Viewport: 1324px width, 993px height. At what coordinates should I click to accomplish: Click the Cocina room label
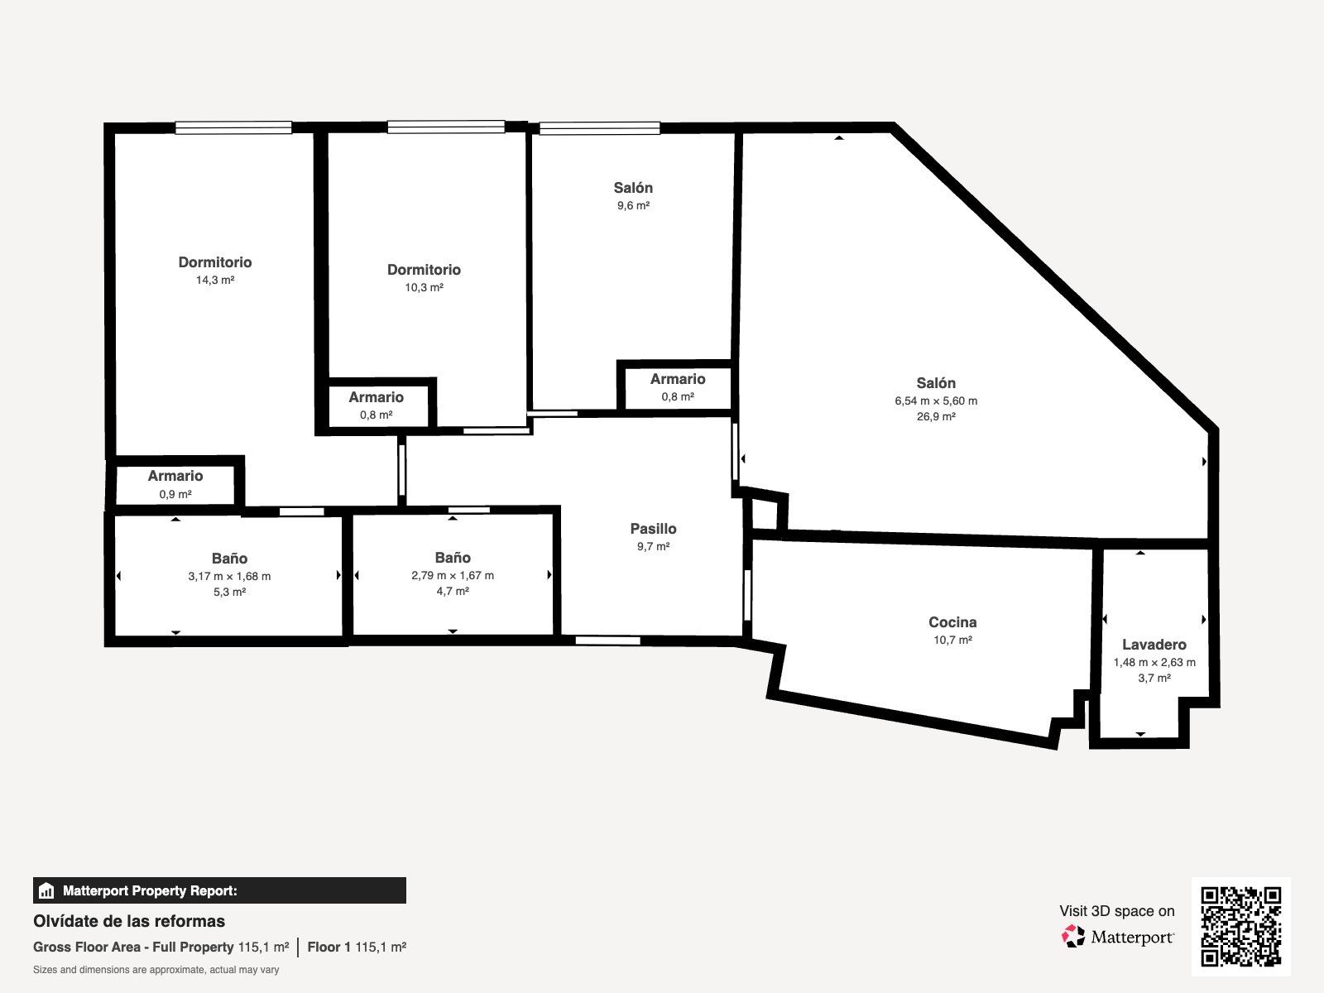[952, 621]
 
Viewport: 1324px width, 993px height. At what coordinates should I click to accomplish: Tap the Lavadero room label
[1154, 644]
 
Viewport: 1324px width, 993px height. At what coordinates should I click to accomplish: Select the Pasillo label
[653, 529]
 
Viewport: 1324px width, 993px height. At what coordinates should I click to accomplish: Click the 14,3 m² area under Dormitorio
[215, 280]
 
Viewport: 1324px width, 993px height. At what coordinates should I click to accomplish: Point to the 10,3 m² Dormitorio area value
[424, 288]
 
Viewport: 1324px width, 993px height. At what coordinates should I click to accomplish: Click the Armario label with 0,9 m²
[175, 476]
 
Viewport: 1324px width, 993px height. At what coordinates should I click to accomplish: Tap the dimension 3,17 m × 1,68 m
[229, 577]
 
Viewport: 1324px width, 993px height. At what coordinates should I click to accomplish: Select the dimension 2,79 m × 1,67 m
[453, 576]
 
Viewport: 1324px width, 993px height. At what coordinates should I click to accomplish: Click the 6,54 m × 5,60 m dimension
[936, 401]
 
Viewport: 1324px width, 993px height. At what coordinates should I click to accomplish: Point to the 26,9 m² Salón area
[936, 416]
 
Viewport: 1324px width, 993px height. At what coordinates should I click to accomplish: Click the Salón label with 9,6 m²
[633, 188]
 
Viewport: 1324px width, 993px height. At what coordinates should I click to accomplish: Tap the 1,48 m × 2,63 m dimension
[1154, 662]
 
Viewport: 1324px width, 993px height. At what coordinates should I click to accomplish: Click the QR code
[1241, 927]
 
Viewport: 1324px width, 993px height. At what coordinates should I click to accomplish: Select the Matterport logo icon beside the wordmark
[1073, 937]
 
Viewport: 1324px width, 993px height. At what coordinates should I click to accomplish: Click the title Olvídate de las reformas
[129, 921]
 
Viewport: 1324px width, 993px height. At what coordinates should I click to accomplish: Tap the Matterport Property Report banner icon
[46, 890]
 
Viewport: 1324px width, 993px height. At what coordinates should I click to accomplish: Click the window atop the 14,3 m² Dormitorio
[233, 127]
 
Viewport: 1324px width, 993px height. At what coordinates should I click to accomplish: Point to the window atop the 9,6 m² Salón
[600, 128]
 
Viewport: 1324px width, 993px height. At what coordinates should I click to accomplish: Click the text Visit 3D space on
[1117, 911]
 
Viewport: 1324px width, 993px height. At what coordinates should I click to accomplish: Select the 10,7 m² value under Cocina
[953, 640]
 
